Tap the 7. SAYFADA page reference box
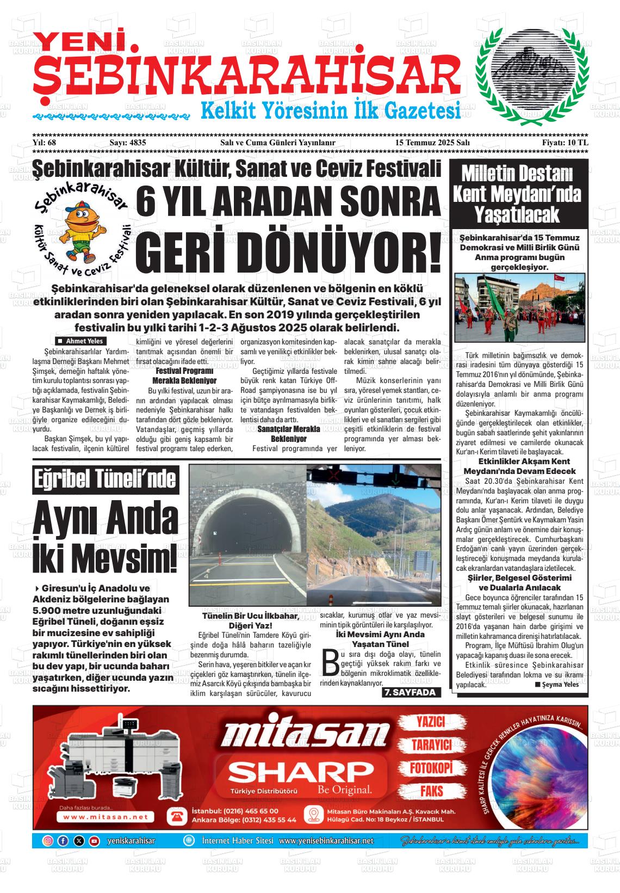(x=411, y=692)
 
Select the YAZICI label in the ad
(x=431, y=722)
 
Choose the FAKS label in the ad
(x=431, y=791)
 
